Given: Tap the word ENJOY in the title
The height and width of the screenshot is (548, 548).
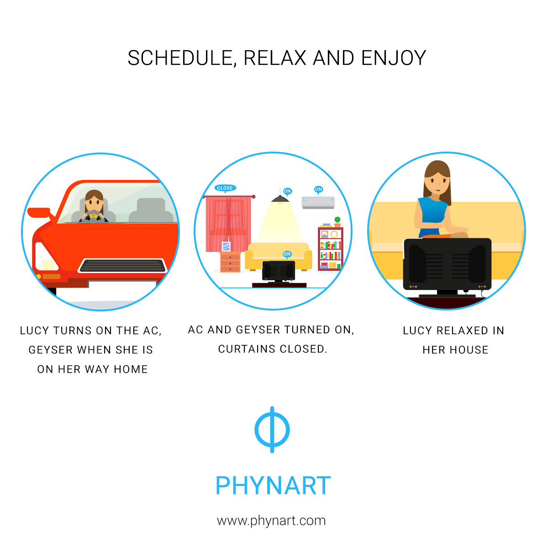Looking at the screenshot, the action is (x=393, y=58).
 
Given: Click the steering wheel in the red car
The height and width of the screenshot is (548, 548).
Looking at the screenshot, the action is (x=93, y=216).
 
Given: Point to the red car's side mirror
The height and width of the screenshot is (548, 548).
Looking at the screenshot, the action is (x=39, y=212).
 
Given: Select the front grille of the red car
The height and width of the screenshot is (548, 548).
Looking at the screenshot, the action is (x=122, y=265).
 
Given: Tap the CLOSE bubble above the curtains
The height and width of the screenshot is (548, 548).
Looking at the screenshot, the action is (x=225, y=188).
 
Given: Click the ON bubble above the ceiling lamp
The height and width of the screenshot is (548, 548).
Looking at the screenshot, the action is (x=287, y=191).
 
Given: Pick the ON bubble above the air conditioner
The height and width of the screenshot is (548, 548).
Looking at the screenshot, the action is (x=318, y=190).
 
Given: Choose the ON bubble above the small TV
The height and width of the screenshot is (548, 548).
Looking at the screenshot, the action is (x=287, y=254).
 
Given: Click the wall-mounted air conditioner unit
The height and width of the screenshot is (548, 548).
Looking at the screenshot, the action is (x=318, y=202).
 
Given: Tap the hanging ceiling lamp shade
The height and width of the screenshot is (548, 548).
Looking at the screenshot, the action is (x=280, y=199).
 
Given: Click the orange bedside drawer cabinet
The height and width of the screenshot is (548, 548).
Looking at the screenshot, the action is (x=230, y=262).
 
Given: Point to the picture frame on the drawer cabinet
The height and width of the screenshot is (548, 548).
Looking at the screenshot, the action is (x=226, y=246).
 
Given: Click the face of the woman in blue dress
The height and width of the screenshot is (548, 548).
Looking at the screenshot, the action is (x=437, y=183).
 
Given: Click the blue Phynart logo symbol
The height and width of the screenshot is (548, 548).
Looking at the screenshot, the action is (x=272, y=429).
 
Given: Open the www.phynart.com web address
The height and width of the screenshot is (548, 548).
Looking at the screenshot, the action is (x=271, y=521).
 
